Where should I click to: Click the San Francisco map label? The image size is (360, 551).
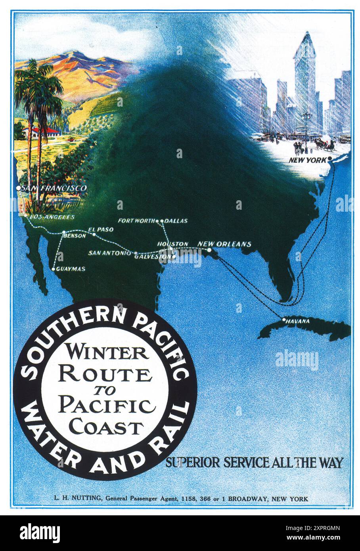(x=54, y=188)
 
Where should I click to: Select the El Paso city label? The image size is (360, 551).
(x=100, y=230)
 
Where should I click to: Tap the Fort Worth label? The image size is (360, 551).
(x=136, y=221)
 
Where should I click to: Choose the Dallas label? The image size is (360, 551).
(x=176, y=221)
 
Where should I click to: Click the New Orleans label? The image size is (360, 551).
(x=224, y=244)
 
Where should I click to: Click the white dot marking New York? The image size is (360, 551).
(x=329, y=159)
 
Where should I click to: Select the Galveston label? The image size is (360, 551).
(x=153, y=257)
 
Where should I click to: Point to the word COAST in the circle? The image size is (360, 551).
(x=105, y=428)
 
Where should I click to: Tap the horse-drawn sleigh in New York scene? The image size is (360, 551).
(x=326, y=146)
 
